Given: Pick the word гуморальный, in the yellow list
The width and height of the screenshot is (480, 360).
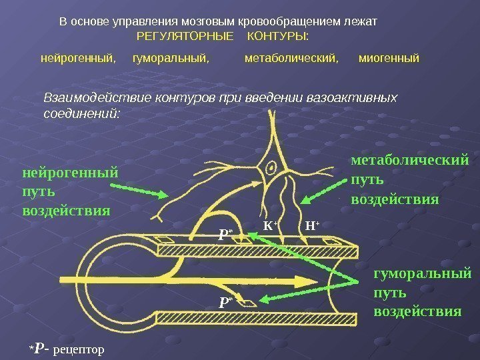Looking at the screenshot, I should click(171, 59).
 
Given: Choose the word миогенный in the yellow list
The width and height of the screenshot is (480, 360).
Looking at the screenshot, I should click(389, 59).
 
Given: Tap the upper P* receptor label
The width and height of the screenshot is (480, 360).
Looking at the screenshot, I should click(225, 234).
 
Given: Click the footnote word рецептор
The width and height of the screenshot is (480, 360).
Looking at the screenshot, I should click(79, 348).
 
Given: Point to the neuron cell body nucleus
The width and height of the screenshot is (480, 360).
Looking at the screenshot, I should click(272, 166).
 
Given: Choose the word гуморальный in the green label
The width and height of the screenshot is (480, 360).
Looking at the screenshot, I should click(423, 274).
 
